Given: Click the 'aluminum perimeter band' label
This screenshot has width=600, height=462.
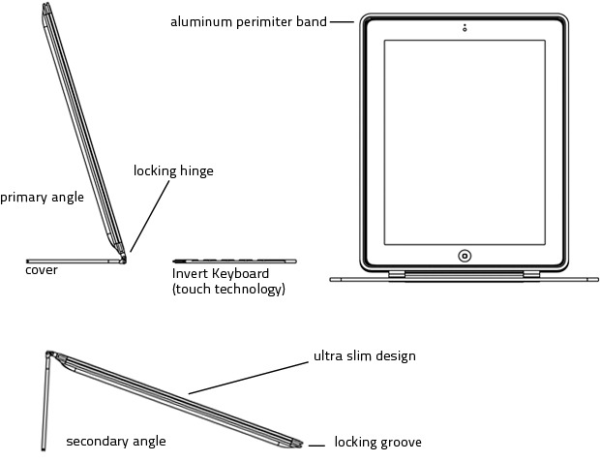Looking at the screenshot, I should tap(247, 21).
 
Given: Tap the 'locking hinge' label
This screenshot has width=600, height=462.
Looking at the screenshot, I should tap(173, 171).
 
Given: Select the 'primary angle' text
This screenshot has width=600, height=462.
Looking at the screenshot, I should tap(42, 198).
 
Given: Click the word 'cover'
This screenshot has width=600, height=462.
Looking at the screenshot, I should tap(42, 270).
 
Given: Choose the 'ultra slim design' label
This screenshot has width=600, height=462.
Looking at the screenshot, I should tap(364, 356).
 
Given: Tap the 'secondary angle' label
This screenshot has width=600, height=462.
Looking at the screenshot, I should tap(115, 442).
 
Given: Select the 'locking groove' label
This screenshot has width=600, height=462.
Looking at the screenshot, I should tap(377, 443).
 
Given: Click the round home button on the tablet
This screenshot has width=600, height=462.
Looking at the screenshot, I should tap(465, 256).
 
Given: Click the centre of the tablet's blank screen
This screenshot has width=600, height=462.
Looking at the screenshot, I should tap(465, 142).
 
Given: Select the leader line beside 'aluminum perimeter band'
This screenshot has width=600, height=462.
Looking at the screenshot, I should tap(342, 21).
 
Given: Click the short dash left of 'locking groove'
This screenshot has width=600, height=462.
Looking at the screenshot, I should tap(315, 447).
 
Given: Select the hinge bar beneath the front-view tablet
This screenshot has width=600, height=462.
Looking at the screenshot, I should tap(465, 277).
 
